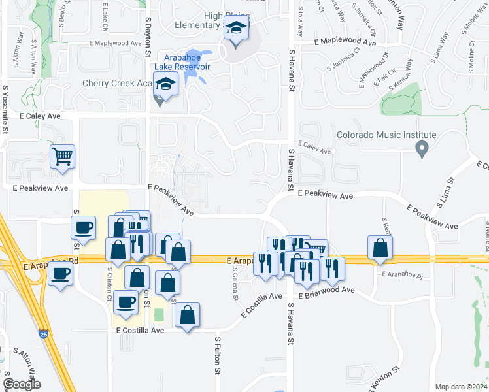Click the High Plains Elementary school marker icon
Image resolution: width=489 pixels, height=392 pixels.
click(x=235, y=29)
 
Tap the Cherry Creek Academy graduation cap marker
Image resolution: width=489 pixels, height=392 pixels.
click(x=165, y=84)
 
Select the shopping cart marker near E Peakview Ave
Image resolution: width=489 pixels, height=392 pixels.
click(x=63, y=157)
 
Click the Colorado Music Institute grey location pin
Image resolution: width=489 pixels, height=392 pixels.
click(x=422, y=150)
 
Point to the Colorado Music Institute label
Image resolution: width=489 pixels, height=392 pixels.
click(x=386, y=135)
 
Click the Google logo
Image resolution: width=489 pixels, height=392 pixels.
click(x=22, y=384)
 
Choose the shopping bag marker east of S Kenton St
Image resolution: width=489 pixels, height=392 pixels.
click(x=380, y=248)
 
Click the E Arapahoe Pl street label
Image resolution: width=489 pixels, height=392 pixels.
click(x=402, y=274)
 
